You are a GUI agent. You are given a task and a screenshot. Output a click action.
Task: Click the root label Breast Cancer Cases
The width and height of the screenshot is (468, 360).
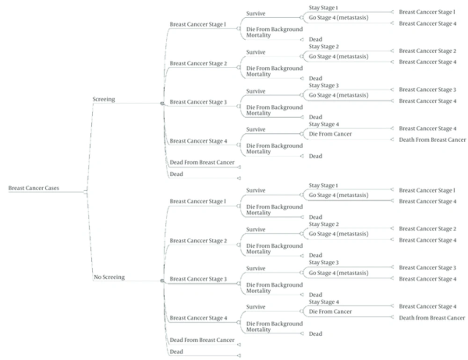[x=34, y=188]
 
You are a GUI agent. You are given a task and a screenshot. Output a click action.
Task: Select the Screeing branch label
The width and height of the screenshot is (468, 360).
[x=103, y=99]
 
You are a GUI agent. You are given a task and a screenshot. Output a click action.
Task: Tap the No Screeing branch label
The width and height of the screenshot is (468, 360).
[x=109, y=277]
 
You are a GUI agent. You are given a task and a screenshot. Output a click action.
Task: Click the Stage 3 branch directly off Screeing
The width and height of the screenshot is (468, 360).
[x=198, y=102]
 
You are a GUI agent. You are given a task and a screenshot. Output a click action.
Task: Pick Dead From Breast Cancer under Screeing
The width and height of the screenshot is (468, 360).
[x=202, y=162]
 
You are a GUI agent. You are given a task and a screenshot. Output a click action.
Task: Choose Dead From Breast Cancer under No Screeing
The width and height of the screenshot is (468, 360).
[x=202, y=340]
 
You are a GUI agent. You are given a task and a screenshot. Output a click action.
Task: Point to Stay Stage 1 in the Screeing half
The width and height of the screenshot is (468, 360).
[x=323, y=8]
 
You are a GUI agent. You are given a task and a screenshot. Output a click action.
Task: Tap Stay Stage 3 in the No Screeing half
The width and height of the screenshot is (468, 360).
[x=323, y=262]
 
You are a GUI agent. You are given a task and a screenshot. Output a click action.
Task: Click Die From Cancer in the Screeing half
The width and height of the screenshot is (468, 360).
[x=330, y=134]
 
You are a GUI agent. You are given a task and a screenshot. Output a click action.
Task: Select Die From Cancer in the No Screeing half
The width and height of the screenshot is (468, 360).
[x=330, y=312]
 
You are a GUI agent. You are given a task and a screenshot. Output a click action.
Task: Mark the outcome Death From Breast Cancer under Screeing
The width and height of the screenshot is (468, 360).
[x=432, y=140]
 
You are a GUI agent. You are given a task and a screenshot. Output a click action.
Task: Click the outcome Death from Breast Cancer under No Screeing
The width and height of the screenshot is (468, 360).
[x=432, y=318]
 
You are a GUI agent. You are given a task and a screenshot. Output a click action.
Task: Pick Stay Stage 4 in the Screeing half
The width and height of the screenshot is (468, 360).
[x=324, y=124]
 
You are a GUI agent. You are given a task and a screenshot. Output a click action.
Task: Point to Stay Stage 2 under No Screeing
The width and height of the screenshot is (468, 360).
[x=323, y=224]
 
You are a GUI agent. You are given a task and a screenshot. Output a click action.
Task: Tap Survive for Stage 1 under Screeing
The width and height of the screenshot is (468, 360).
[x=256, y=14]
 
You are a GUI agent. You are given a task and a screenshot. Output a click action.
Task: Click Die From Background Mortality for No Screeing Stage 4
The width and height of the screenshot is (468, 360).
[x=274, y=327]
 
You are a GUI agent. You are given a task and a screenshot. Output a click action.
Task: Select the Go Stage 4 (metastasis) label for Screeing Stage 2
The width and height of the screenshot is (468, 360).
[x=338, y=57]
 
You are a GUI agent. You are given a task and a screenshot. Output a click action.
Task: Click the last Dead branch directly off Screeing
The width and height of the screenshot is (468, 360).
[x=176, y=174]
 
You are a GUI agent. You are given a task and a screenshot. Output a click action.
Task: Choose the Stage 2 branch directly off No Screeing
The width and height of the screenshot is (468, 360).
[x=198, y=241]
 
